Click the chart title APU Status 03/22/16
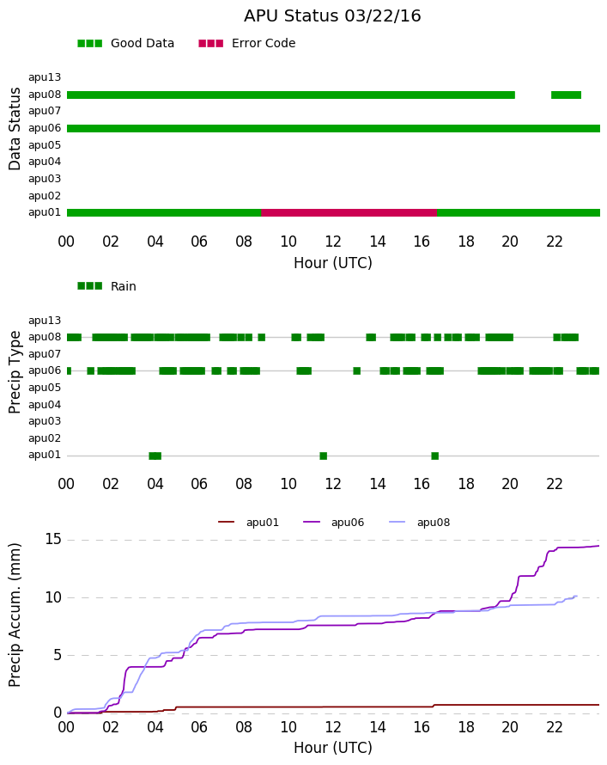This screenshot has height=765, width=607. [332, 16]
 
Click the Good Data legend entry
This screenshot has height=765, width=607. [125, 44]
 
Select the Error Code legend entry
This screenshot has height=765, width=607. [247, 44]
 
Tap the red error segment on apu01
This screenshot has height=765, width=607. [349, 212]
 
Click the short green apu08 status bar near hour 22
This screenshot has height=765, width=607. [566, 95]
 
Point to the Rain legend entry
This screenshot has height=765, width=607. [106, 286]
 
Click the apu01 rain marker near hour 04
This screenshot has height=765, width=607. [155, 456]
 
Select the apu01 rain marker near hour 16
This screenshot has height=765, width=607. [435, 456]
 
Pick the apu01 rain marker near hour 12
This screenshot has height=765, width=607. [324, 456]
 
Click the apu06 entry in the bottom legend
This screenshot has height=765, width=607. [334, 523]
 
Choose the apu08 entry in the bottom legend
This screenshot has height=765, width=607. [420, 523]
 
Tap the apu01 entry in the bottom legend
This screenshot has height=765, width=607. [248, 523]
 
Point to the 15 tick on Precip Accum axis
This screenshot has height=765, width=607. [53, 540]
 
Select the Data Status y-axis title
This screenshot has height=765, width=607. [15, 129]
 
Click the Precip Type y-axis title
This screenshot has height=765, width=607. [15, 372]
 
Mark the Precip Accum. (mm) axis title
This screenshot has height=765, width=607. [15, 615]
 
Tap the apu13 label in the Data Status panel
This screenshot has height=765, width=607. [45, 77]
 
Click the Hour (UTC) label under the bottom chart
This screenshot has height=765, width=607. [333, 748]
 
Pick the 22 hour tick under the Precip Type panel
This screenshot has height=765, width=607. [555, 484]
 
